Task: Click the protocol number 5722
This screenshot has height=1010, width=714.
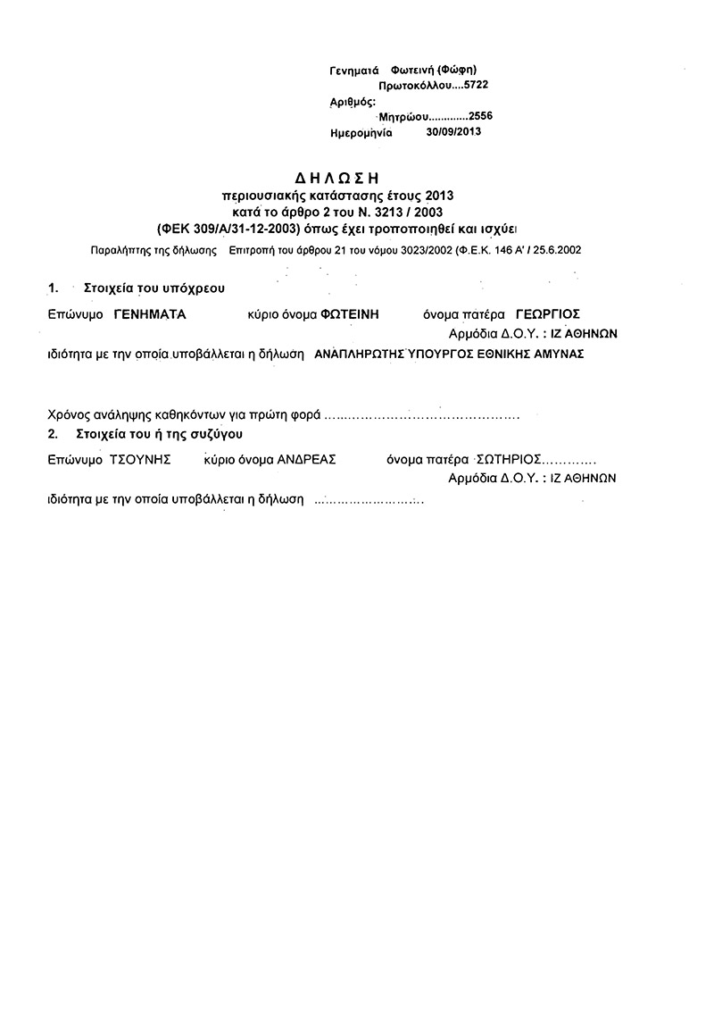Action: (x=474, y=86)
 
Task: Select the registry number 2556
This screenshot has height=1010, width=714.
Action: (x=479, y=116)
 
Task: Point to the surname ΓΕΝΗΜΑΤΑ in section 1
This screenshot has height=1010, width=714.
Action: (x=149, y=314)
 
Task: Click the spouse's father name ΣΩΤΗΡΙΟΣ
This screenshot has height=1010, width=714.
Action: (x=509, y=461)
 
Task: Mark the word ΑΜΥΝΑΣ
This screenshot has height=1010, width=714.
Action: (x=559, y=354)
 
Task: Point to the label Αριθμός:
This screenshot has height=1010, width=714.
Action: (x=353, y=101)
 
